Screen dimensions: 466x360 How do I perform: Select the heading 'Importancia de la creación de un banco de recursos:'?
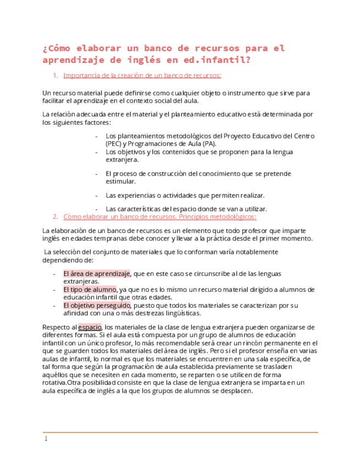point(142,75)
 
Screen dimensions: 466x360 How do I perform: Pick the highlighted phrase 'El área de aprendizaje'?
point(97,273)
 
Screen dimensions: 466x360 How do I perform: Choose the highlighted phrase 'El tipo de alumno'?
point(90,289)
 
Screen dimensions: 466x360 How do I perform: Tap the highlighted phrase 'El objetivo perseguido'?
point(97,305)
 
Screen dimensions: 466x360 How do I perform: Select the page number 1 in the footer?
point(46,439)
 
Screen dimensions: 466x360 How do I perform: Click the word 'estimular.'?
point(120,181)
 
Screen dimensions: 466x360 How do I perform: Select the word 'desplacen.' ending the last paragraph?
point(235,391)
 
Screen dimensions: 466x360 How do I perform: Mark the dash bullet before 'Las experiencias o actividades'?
point(97,195)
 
